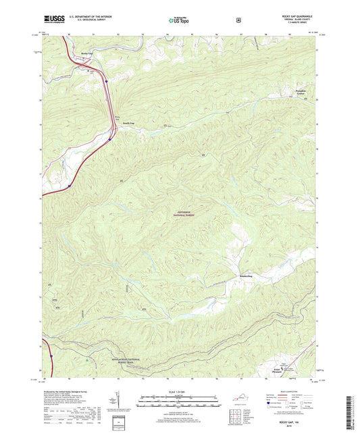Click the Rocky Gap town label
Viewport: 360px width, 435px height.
[86, 53]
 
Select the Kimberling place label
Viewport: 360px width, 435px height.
[245, 276]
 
